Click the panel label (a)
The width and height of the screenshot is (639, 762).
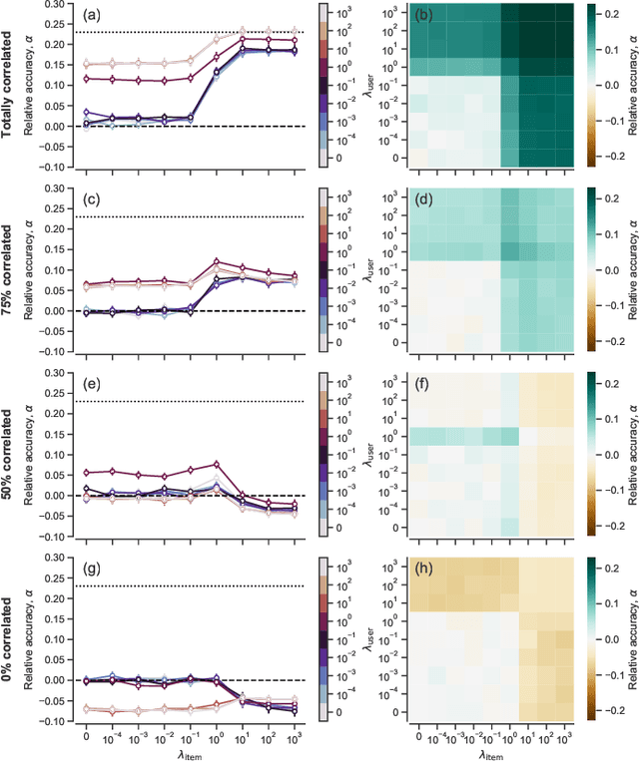click(92, 16)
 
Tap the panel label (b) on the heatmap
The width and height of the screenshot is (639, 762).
click(426, 16)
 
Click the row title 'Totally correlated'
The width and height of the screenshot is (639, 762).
click(11, 84)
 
